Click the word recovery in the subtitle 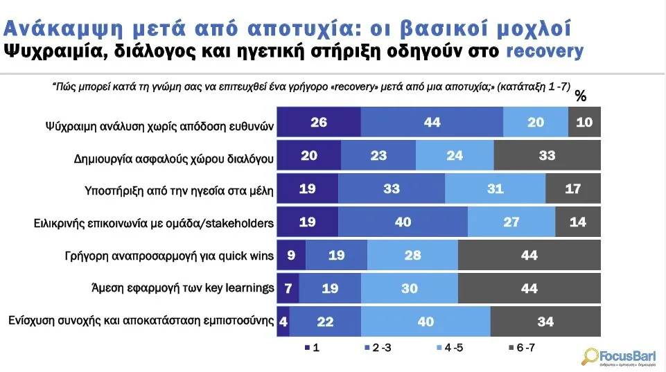pyautogui.click(x=545, y=51)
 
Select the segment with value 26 pyautogui.click(x=319, y=122)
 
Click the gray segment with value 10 pyautogui.click(x=584, y=122)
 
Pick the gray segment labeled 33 pyautogui.click(x=547, y=155)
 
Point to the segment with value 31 pyautogui.click(x=495, y=188)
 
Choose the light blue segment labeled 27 pyautogui.click(x=511, y=222)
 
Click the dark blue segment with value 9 pyautogui.click(x=290, y=256)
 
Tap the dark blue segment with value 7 pyautogui.click(x=288, y=288)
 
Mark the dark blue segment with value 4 pyautogui.click(x=283, y=321)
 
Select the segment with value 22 pyautogui.click(x=324, y=321)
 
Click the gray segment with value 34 pyautogui.click(x=545, y=321)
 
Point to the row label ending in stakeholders pyautogui.click(x=154, y=223)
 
